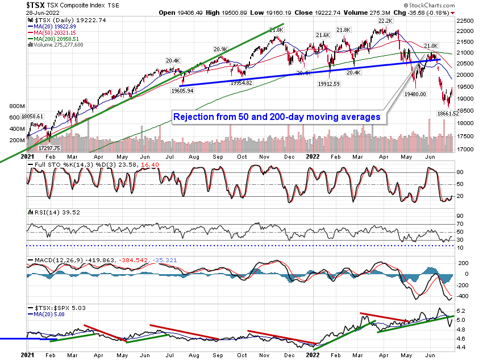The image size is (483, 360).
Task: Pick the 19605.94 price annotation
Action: [x=181, y=90]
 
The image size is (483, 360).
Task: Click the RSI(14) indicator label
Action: [x=40, y=212]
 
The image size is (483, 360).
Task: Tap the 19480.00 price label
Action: [x=415, y=94]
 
